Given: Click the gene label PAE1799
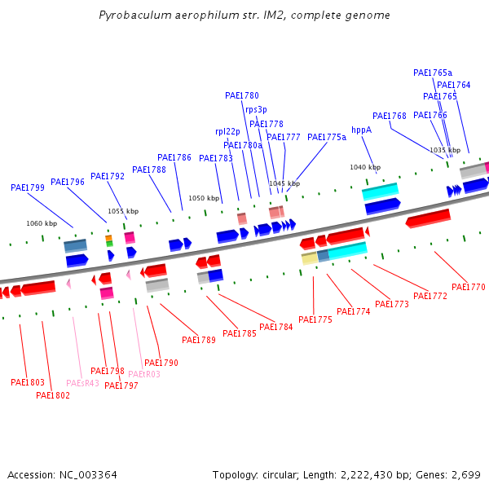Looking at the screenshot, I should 28,187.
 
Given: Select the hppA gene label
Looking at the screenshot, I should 361,130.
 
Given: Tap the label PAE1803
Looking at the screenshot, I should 28,382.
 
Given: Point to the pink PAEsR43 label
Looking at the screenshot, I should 82,383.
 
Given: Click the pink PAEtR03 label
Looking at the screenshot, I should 144,374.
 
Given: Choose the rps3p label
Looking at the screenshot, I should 256,109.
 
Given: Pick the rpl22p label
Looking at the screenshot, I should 227,131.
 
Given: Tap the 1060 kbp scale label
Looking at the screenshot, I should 42,223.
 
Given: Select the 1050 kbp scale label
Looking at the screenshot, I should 204,198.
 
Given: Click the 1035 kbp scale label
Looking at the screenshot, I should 445,150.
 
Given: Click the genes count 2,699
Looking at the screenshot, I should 465,474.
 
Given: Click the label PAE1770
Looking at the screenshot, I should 468,287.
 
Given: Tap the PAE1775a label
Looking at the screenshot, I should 327,137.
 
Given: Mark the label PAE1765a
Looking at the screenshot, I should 433,73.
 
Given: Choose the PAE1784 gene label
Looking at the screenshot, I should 276,328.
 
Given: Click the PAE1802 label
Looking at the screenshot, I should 53,395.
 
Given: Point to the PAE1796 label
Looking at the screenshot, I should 68,182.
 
